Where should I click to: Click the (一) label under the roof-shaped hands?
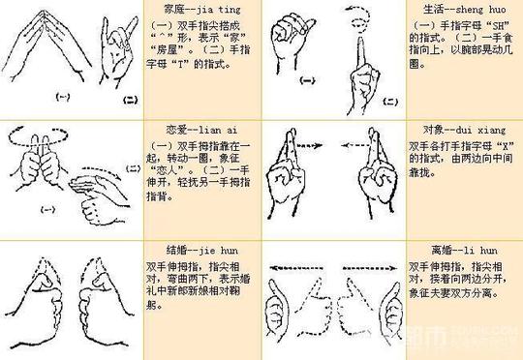63,97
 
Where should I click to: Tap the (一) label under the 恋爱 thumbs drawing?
46,208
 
